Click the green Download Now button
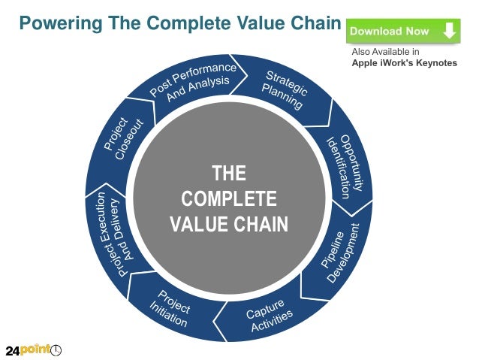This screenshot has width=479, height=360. point(403,32)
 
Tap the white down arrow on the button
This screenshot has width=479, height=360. point(449,32)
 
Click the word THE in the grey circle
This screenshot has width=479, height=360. point(229,174)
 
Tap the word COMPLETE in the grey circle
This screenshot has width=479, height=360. point(229,199)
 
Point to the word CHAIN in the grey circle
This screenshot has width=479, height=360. point(261,224)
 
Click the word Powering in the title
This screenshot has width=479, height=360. point(61,23)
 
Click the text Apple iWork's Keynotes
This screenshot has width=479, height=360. point(404,63)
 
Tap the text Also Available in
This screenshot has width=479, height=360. point(386,52)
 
